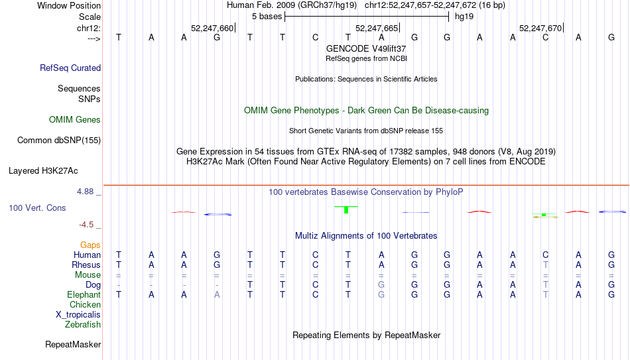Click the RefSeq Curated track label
70,68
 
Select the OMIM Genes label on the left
75,120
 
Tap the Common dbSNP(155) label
58,141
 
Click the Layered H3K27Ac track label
43,171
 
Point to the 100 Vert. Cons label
37,208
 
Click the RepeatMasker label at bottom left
73,344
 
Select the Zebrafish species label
83,324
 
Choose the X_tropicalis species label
78,315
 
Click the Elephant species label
84,295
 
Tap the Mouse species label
88,275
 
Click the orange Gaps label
90,245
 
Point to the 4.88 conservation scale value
85,192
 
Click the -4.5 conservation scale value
86,225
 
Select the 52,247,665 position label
377,28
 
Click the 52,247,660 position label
212,28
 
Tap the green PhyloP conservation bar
346,210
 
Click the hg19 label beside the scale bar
464,17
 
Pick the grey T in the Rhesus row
545,265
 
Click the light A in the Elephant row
217,294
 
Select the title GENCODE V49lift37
366,48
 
